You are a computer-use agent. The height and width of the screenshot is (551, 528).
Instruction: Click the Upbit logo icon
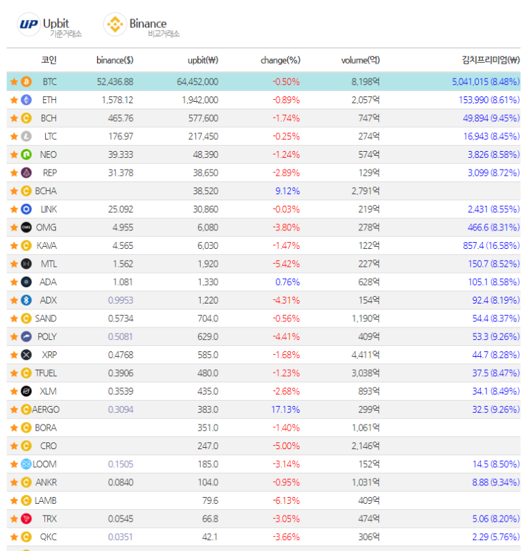29,24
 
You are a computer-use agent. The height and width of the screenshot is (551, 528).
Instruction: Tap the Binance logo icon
115,24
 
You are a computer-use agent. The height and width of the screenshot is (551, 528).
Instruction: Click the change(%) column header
280,60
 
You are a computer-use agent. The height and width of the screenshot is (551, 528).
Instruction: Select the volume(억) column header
360,60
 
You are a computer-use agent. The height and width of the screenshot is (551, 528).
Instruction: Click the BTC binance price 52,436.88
115,82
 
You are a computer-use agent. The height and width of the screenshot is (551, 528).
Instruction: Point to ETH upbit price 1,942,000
200,100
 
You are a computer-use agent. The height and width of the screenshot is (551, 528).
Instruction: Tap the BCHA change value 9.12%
288,191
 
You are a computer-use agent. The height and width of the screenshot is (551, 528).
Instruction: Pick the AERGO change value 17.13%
286,409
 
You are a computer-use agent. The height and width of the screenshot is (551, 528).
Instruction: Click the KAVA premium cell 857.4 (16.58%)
491,245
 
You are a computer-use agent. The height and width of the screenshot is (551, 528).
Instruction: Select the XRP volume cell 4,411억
365,355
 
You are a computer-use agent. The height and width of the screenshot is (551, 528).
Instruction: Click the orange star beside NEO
14,154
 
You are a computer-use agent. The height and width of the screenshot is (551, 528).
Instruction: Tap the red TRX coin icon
27,519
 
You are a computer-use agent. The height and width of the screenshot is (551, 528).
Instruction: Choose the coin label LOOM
44,464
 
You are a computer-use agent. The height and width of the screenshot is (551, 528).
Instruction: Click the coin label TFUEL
46,373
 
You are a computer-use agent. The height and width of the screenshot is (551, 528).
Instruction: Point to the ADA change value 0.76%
288,282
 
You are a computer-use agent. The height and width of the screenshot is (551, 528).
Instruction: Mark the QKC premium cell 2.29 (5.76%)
496,537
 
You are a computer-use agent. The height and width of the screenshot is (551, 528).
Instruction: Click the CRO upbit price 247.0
208,446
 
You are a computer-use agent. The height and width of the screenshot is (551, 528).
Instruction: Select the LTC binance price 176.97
121,136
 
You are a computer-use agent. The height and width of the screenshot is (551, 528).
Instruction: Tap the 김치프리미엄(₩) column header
490,60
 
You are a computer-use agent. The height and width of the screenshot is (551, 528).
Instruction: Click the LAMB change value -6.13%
286,500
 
